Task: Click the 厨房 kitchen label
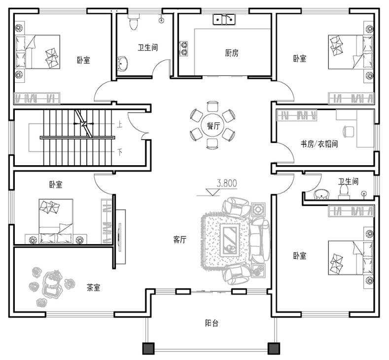click(232, 53)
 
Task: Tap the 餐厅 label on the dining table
click(213, 126)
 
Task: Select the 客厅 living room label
click(179, 240)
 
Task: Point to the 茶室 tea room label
click(93, 288)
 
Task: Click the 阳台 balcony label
click(212, 324)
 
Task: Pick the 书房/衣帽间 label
click(319, 144)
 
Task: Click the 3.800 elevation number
click(227, 183)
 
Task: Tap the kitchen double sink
click(224, 19)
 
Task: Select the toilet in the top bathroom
click(134, 22)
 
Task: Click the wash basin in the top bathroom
click(122, 64)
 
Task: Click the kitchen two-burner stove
click(183, 48)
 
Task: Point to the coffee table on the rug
click(230, 240)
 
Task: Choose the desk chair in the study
click(348, 132)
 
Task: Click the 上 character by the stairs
click(120, 124)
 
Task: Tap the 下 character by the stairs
click(120, 151)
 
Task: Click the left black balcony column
click(148, 349)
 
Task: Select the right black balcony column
click(274, 349)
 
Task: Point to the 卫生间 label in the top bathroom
click(147, 47)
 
